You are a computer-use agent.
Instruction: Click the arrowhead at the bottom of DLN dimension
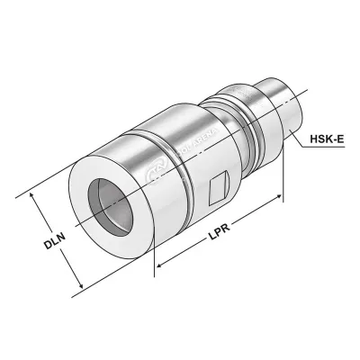82,287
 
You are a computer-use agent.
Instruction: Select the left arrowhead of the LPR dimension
158,267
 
